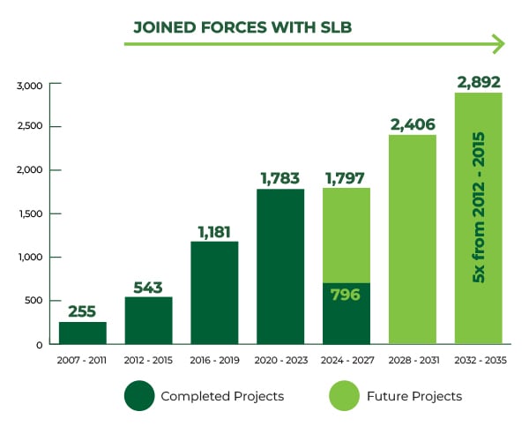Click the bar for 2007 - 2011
(83, 333)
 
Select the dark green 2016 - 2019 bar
(214, 293)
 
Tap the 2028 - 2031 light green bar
(413, 240)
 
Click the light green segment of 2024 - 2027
(346, 236)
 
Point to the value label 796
(346, 295)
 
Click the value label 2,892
(479, 82)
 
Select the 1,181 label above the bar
(214, 232)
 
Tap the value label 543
(148, 288)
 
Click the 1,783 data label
(280, 178)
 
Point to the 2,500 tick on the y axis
(30, 126)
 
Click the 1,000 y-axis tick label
(31, 258)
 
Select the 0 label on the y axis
(40, 345)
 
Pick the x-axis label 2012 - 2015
(148, 361)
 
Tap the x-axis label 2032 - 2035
(481, 361)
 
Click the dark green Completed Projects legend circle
(139, 396)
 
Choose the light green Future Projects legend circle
(345, 396)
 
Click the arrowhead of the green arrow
(499, 44)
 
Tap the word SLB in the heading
(335, 27)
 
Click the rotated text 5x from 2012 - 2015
(479, 207)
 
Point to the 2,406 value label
(413, 125)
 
